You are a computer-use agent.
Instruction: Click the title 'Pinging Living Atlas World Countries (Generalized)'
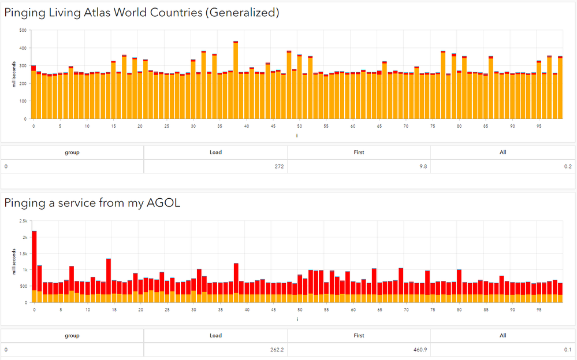tap(142, 12)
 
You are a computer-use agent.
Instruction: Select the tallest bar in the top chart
tap(236, 81)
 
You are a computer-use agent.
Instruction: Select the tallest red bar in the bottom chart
tap(34, 260)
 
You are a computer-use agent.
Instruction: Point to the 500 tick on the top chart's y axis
tap(23, 30)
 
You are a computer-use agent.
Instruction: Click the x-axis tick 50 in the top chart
tap(299, 125)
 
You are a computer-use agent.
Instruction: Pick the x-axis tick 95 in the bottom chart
tap(538, 309)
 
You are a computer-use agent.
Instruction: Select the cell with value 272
tap(277, 166)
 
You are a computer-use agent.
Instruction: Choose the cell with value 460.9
tap(421, 350)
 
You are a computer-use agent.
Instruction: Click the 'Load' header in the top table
tap(215, 153)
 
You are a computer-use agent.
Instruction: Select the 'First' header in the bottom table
tap(359, 335)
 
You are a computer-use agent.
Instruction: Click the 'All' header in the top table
tap(502, 153)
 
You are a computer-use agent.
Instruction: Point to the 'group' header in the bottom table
tap(72, 335)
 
